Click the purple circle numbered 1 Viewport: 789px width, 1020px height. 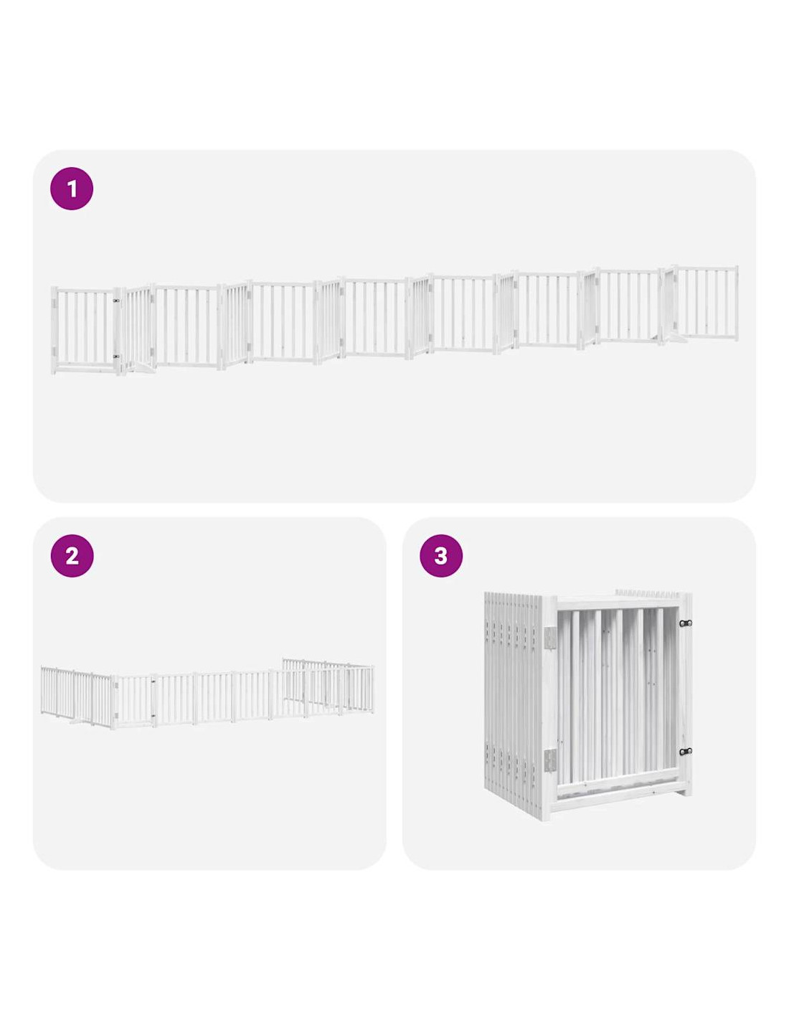tap(72, 188)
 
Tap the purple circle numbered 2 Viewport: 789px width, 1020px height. tap(72, 556)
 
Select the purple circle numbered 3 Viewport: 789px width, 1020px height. tap(440, 556)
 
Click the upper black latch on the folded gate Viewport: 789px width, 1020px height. tap(686, 623)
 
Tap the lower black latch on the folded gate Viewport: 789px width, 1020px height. tap(686, 752)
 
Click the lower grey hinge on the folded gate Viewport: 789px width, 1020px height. tap(549, 759)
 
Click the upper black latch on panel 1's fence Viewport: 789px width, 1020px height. tap(116, 301)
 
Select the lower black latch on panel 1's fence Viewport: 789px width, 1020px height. tap(116, 356)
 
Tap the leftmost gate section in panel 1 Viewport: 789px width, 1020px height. tap(85, 331)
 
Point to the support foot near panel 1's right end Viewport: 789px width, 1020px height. tap(673, 337)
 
